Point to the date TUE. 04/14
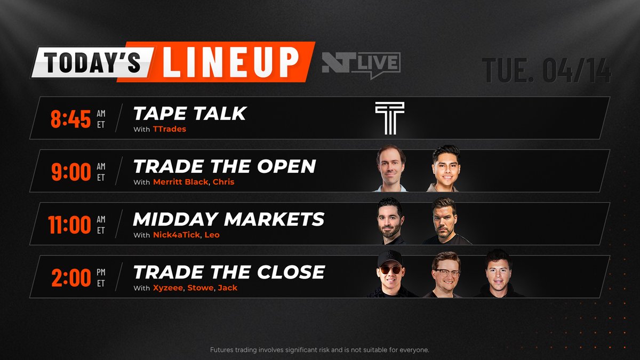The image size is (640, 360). pyautogui.click(x=546, y=70)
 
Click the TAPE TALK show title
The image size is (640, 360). pyautogui.click(x=190, y=113)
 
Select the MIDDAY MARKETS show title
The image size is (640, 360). pyautogui.click(x=229, y=219)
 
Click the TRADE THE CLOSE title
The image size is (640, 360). pyautogui.click(x=229, y=272)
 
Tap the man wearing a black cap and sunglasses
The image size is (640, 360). pyautogui.click(x=391, y=274)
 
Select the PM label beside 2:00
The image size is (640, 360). pyautogui.click(x=101, y=272)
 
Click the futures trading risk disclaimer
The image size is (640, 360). pyautogui.click(x=319, y=350)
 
